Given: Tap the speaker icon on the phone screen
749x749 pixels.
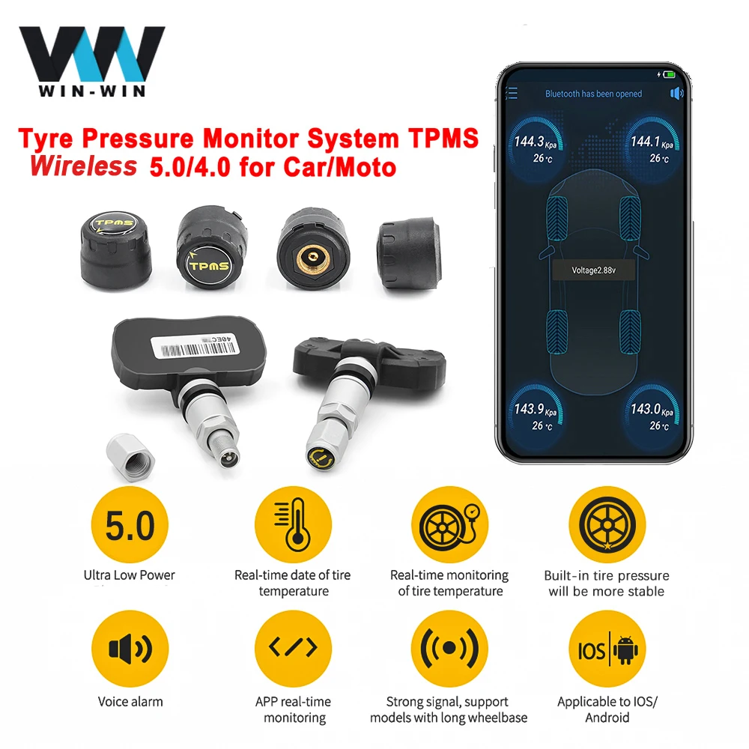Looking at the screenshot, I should [x=678, y=94].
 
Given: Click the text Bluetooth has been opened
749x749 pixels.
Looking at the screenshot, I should [x=593, y=94].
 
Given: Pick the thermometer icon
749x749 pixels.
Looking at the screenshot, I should [x=292, y=527].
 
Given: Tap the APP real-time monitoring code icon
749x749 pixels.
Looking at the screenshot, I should [x=292, y=649].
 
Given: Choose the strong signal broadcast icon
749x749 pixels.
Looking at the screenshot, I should [x=449, y=649].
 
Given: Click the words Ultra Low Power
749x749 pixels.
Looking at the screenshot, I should [x=129, y=575].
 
